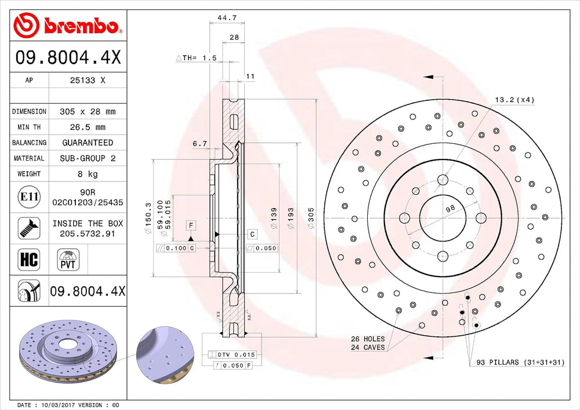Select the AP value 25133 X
point(88,80)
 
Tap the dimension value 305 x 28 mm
point(88,112)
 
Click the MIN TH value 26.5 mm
point(88,127)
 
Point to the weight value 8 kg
point(88,174)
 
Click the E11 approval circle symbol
point(29,197)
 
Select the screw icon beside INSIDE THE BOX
point(29,228)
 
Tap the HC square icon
point(29,259)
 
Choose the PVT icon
point(68,259)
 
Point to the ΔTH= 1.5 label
point(196,58)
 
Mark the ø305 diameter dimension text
point(311,218)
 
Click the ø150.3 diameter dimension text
point(148,218)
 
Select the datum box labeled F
point(191,225)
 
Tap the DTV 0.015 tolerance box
point(232,354)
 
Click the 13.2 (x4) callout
point(514,100)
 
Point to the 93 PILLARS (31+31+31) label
point(520,362)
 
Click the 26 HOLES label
point(368,339)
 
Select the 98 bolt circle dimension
point(450,209)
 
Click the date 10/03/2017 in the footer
point(57,405)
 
